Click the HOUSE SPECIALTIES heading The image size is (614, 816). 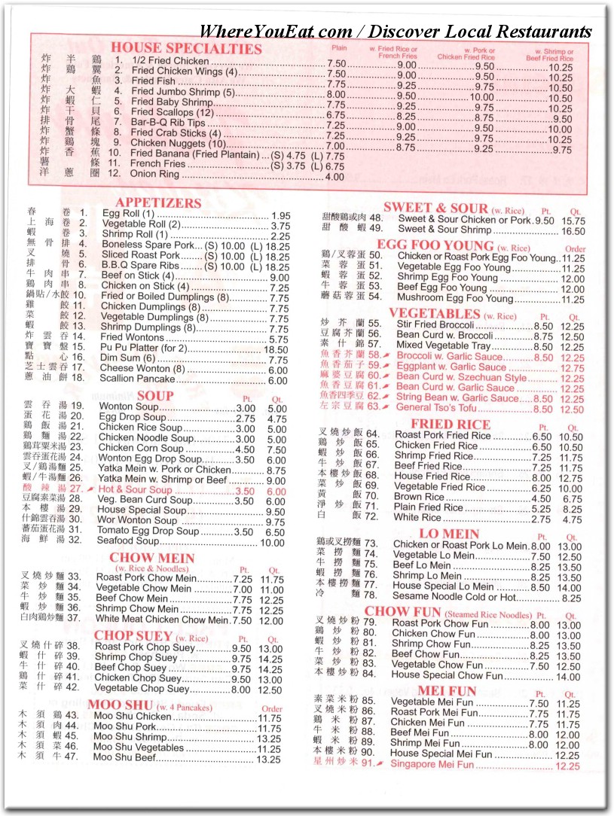186,49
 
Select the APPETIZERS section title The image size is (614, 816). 158,203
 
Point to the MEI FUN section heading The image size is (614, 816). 447,691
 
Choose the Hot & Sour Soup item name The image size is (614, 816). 135,489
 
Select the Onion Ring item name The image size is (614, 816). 156,176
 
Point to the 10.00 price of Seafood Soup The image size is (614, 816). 273,542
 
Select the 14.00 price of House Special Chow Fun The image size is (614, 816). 567,675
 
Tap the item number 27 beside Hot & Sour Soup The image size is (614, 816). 76,489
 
